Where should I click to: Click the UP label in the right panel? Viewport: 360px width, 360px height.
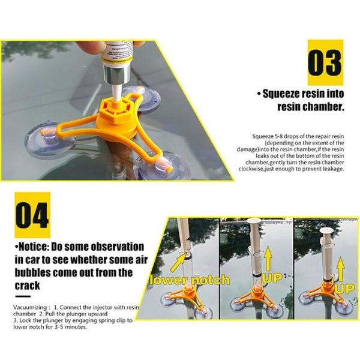[x=344, y=288]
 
